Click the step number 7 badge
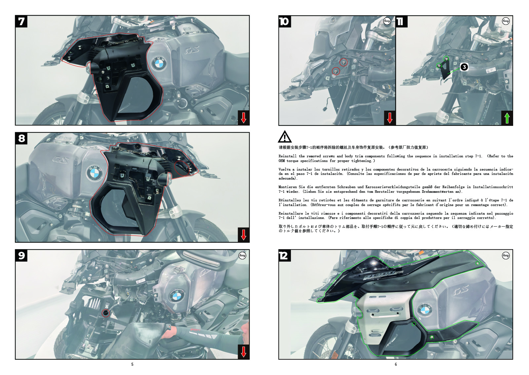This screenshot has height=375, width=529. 21,22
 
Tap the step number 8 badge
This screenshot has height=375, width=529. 21,138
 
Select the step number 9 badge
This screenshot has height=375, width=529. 21,255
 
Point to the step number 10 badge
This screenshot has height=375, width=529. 285,22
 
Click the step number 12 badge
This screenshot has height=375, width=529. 285,255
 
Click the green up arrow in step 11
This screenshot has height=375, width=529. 507,118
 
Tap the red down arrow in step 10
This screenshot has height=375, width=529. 390,118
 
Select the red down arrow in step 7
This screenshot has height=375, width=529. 243,118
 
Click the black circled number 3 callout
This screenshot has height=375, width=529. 464,67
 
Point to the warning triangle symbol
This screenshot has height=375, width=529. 285,137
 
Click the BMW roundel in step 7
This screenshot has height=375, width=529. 159,63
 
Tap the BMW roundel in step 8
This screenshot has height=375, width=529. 94,173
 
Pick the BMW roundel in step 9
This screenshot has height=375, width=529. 176,296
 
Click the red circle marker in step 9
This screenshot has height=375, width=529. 105,313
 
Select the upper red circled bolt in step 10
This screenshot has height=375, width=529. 344,63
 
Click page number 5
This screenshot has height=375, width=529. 132,364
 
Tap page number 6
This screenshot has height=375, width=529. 396,364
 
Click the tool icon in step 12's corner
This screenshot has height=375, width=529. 506,255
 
